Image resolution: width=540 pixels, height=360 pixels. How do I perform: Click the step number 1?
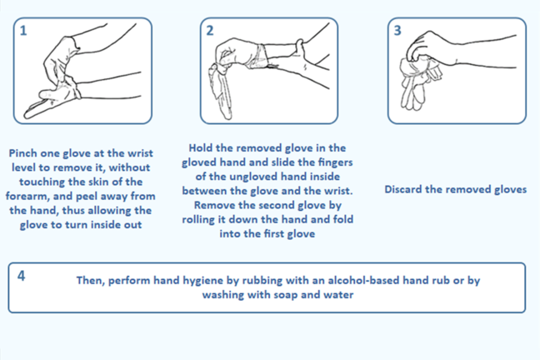pos(23,31)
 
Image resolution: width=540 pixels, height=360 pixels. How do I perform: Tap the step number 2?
pos(210,31)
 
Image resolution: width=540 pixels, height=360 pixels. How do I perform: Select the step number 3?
pos(397,31)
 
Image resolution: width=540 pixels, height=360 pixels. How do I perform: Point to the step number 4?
pos(22,276)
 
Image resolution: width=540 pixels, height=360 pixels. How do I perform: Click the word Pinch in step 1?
pos(23,153)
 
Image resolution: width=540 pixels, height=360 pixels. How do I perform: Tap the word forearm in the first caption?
pos(27,197)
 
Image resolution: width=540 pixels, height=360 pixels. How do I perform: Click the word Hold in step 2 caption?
pos(201,148)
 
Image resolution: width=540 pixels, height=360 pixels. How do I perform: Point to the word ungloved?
pos(253,177)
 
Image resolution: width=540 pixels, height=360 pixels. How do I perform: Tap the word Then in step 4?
pos(90,281)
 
